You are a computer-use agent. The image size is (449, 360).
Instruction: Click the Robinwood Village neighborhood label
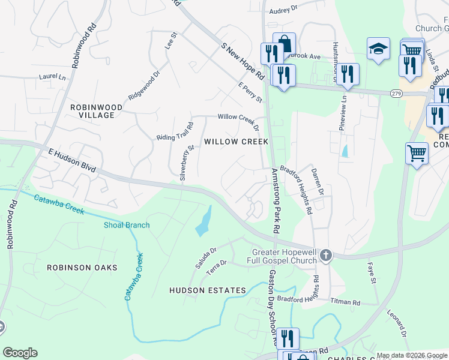pyautogui.click(x=96, y=111)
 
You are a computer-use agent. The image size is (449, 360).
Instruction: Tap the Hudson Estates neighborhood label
pyautogui.click(x=207, y=290)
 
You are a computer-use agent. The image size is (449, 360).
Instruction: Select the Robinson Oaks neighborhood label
pyautogui.click(x=82, y=268)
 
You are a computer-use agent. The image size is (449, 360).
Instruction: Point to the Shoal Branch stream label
pyautogui.click(x=125, y=226)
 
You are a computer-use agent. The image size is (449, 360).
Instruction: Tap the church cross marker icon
pyautogui.click(x=325, y=256)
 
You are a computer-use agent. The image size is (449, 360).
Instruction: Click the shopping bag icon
pyautogui.click(x=284, y=44)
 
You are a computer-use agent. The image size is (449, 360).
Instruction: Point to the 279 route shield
pyautogui.click(x=396, y=94)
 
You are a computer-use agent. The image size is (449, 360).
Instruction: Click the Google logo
pyautogui.click(x=20, y=353)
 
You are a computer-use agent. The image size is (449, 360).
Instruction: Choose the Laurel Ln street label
pyautogui.click(x=52, y=77)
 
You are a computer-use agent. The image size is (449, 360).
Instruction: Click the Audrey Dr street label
pyautogui.click(x=283, y=10)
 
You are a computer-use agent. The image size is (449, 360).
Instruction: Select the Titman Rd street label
pyautogui.click(x=348, y=302)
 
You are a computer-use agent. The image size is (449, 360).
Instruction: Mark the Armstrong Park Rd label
pyautogui.click(x=276, y=200)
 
